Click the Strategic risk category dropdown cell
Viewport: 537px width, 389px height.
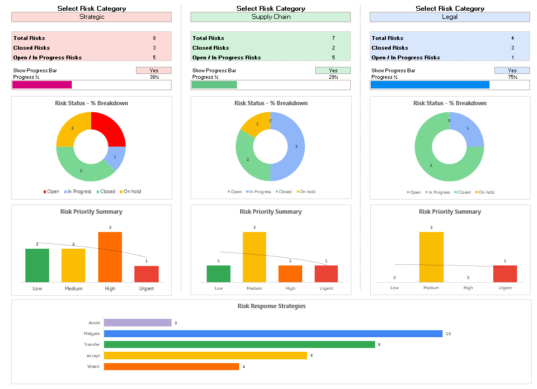tap(91, 17)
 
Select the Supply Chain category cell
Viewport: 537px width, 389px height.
tap(270, 17)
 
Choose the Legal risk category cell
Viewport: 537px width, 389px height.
tap(450, 17)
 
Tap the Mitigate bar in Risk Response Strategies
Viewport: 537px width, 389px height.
tap(273, 334)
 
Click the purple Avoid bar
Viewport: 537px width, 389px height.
tap(138, 323)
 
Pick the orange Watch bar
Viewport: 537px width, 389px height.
tap(171, 367)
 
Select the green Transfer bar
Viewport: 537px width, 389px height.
tap(239, 345)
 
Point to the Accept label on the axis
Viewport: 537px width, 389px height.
tap(93, 356)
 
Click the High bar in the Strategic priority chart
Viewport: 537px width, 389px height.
tap(110, 257)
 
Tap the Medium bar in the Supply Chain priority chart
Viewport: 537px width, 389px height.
tap(254, 257)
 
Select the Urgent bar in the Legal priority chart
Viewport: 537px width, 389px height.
tap(505, 274)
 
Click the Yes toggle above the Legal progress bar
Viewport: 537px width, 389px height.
tap(512, 71)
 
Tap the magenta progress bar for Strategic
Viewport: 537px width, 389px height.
tap(42, 85)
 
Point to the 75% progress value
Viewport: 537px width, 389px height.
tap(512, 77)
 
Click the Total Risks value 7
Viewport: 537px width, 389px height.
tap(334, 38)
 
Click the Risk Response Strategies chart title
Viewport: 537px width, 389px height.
tap(271, 306)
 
